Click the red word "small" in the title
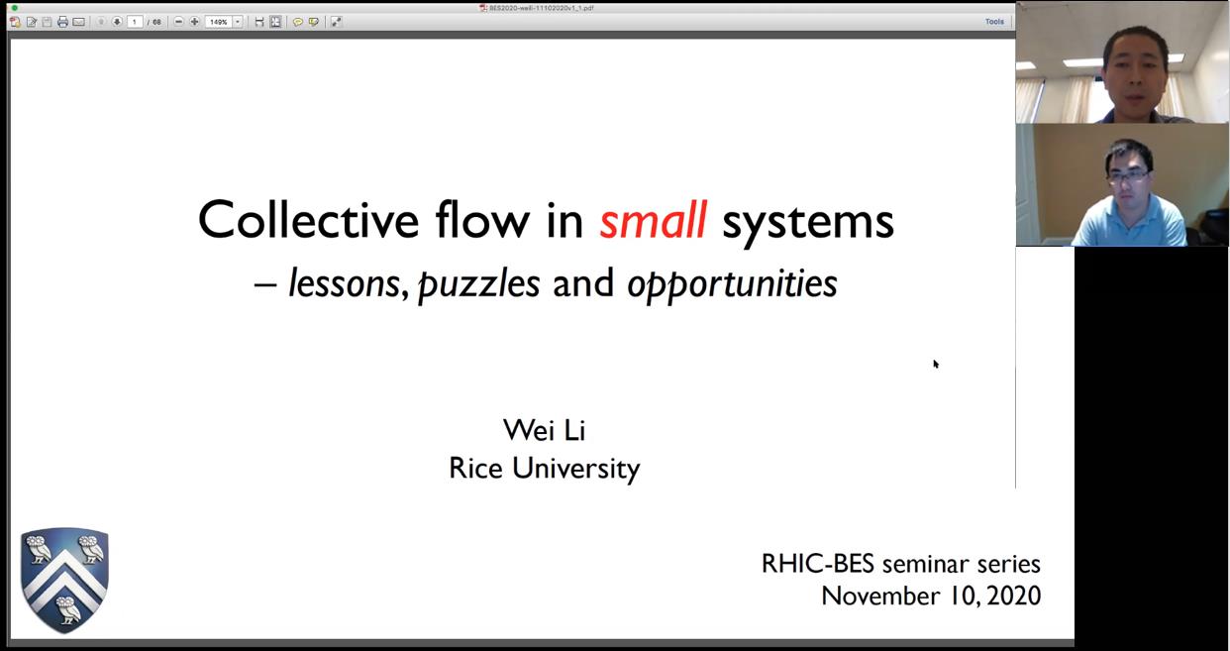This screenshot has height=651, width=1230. pos(653,221)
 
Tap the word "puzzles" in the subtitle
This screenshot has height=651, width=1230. pos(478,285)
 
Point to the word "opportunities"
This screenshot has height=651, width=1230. pos(733,285)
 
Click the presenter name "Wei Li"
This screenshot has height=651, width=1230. pos(544,430)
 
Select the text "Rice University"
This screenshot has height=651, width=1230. pos(544,469)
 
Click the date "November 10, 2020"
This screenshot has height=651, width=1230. pos(931,597)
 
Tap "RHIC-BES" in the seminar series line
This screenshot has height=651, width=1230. pos(818,564)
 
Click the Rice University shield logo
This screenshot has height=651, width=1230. pos(64,580)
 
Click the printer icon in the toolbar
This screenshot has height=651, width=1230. pos(62,22)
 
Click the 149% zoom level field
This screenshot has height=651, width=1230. pos(219,22)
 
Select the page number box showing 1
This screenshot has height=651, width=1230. pos(135,22)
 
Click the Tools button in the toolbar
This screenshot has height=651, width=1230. pos(994,22)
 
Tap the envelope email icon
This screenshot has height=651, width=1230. pos(78,22)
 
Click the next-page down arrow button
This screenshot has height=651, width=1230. pos(117,22)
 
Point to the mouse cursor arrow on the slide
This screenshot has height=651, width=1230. pos(936,364)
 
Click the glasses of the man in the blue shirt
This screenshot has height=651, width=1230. pos(1129,176)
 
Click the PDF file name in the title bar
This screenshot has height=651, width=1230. pos(541,8)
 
